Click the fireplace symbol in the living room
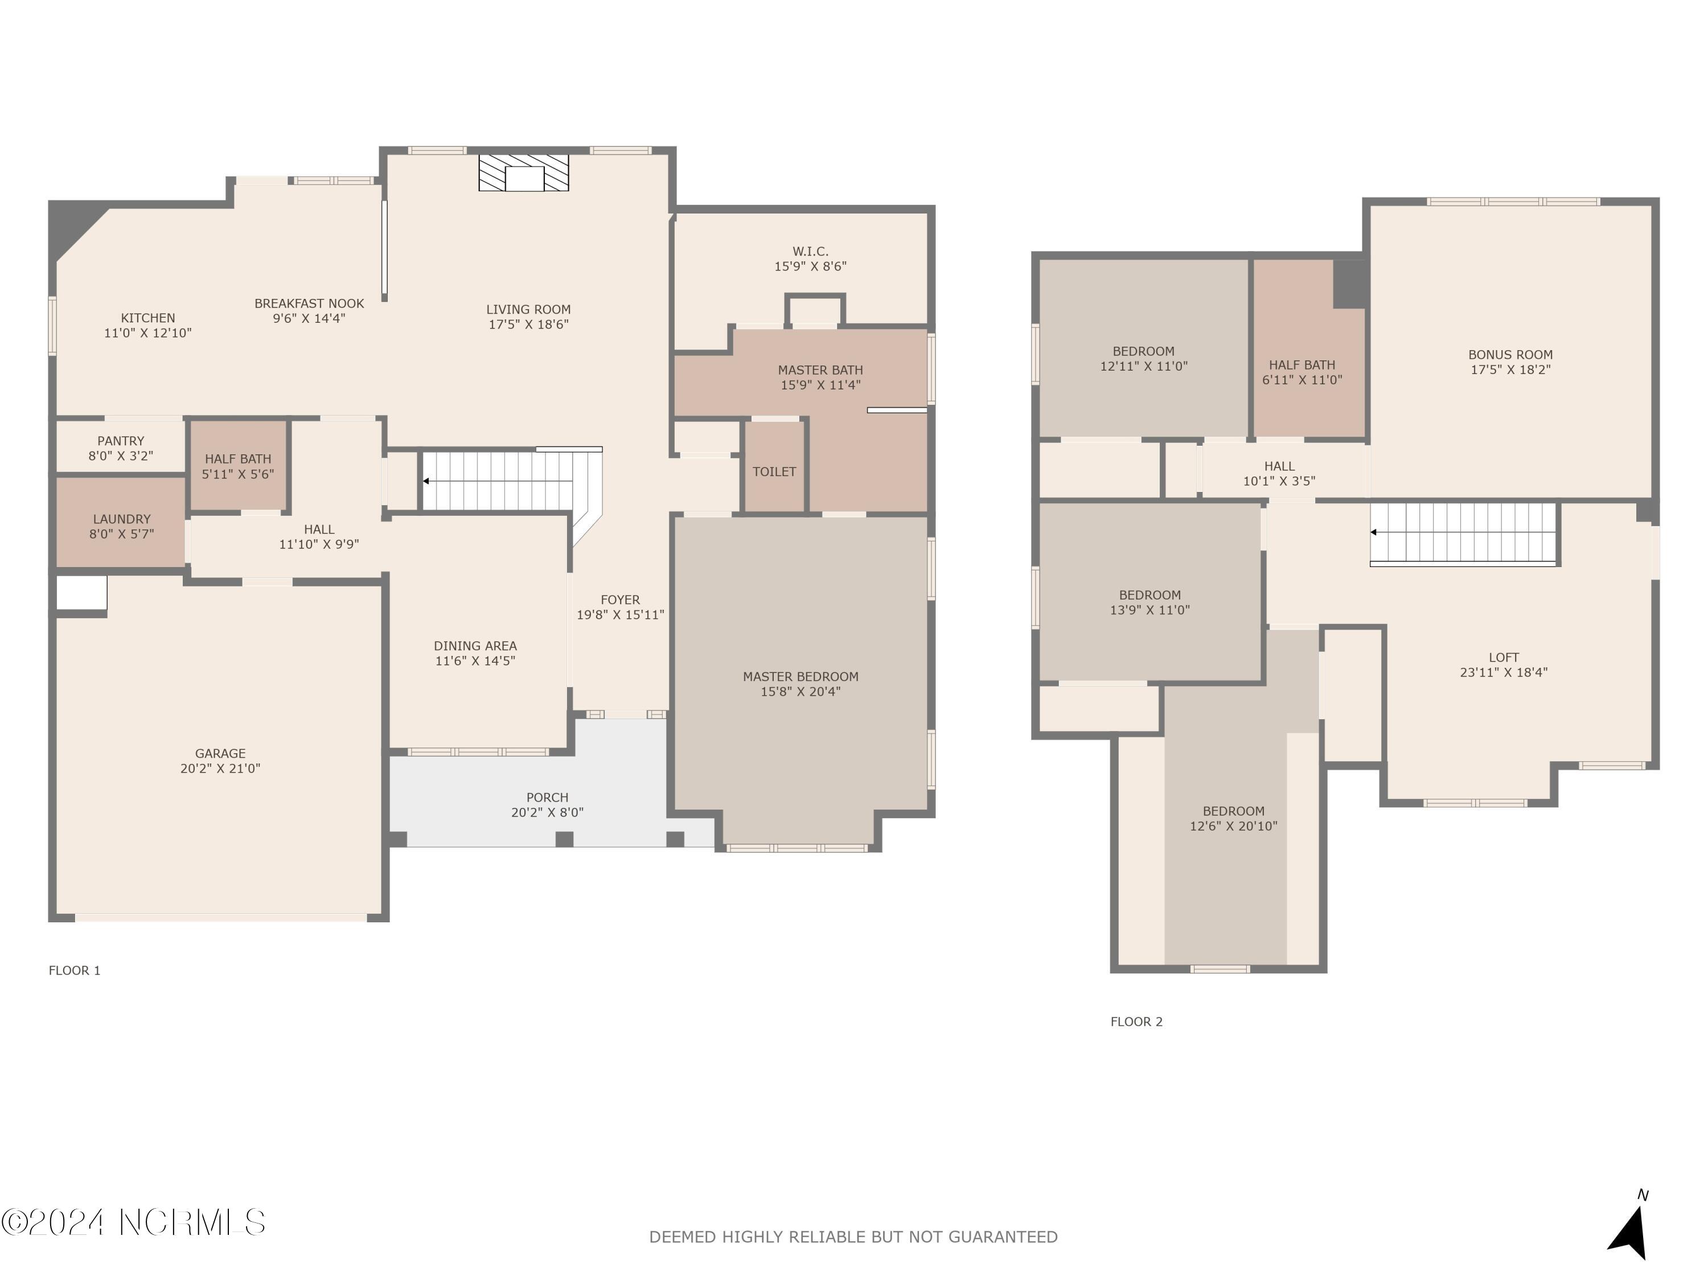pos(524,173)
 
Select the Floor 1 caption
pos(75,971)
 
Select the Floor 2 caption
pos(1136,1021)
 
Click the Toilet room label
pos(774,472)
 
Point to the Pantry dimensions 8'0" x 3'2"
pos(121,455)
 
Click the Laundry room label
pos(121,519)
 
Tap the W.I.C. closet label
pos(810,252)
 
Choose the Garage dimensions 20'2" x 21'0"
pos(220,768)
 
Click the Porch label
pos(547,797)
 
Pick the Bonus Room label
pos(1509,355)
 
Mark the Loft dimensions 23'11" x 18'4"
pos(1502,672)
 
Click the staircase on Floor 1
pos(502,481)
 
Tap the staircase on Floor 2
pos(1463,533)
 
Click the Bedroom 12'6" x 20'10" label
pos(1233,811)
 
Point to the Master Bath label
pos(820,371)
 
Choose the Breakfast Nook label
pos(309,303)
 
